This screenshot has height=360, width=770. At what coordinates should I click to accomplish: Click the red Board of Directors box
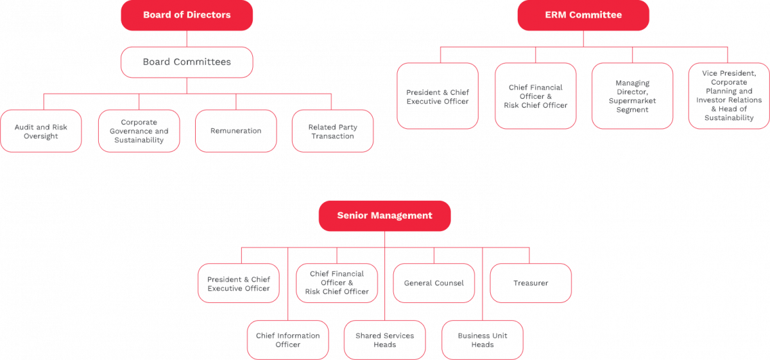click(187, 15)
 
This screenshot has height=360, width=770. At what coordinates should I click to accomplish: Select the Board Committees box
click(187, 62)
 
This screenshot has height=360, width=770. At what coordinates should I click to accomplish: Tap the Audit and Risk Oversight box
click(41, 131)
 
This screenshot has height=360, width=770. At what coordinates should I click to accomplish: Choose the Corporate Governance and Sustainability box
click(139, 131)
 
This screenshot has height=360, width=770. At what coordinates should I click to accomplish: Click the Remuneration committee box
click(235, 131)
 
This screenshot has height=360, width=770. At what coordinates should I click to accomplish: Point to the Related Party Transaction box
click(332, 131)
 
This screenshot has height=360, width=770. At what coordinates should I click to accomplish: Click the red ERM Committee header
click(583, 15)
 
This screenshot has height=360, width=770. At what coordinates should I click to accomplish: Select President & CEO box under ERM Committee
click(438, 96)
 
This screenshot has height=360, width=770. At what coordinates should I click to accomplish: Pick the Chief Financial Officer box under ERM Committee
click(535, 96)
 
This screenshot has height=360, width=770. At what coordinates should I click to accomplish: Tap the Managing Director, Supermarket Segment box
click(632, 96)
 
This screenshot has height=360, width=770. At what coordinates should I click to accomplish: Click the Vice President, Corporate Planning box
click(729, 96)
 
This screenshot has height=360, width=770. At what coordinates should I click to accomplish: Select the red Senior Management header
click(384, 216)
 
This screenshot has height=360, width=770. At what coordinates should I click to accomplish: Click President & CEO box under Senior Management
click(239, 283)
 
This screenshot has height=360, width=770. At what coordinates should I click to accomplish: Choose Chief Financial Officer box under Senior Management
click(337, 283)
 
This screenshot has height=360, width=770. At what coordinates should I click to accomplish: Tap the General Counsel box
click(434, 283)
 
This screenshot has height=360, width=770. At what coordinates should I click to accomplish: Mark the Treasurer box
click(531, 283)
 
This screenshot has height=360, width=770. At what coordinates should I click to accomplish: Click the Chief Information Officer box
click(288, 340)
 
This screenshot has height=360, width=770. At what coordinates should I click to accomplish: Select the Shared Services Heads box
click(385, 340)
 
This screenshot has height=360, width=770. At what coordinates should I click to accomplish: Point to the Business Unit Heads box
click(483, 340)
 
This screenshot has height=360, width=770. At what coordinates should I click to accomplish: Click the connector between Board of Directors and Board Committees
click(187, 39)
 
